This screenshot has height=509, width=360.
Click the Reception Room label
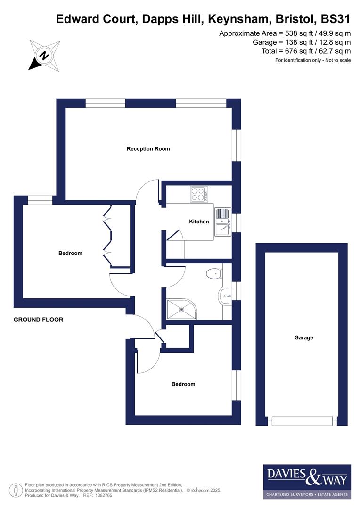[x=148, y=149]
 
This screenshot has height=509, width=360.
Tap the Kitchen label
[x=199, y=222]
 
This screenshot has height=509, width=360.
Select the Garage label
[x=303, y=337]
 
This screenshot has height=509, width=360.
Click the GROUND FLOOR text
[x=38, y=320]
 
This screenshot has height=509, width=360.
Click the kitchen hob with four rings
[x=199, y=194]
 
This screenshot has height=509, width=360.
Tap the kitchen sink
[x=222, y=222]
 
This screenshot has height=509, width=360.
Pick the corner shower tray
[x=181, y=309]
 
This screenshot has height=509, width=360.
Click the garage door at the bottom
[x=302, y=421]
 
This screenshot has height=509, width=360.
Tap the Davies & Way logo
[x=307, y=481]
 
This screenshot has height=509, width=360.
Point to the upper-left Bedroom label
[x=70, y=253]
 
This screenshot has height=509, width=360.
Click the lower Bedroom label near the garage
[x=183, y=384]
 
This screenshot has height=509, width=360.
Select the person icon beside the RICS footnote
[x=16, y=490]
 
